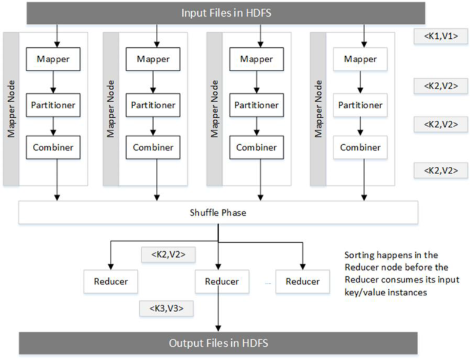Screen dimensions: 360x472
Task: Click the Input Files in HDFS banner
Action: (217, 13)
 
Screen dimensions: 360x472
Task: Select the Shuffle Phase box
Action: (217, 212)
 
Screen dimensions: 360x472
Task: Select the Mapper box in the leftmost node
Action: (53, 59)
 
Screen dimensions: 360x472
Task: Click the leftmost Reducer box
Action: (112, 281)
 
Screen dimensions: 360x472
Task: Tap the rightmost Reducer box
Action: (302, 281)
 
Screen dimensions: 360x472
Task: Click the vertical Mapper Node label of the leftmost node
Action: (11, 108)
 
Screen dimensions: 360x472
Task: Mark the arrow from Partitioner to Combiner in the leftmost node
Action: (53, 126)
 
